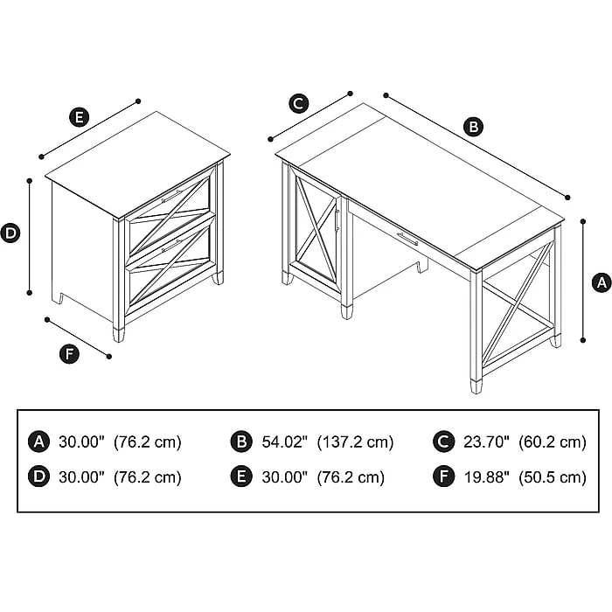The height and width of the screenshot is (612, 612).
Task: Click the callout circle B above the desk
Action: [x=473, y=128]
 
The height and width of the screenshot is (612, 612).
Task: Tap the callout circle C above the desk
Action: [x=298, y=103]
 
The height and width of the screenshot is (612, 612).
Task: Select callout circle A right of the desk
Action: [x=601, y=282]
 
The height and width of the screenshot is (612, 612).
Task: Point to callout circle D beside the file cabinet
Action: [x=10, y=233]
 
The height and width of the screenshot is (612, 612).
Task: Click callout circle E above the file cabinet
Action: [x=79, y=117]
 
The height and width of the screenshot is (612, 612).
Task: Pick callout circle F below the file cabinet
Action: [x=67, y=354]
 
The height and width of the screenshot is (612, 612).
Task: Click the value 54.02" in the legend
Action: [x=284, y=442]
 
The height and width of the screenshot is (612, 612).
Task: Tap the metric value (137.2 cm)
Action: [x=355, y=442]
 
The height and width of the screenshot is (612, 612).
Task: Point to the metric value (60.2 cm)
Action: [x=553, y=442]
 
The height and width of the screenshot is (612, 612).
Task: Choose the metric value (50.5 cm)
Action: [x=553, y=477]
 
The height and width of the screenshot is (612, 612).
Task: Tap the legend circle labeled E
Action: [x=241, y=477]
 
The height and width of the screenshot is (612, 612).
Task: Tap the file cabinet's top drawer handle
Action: [x=171, y=196]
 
